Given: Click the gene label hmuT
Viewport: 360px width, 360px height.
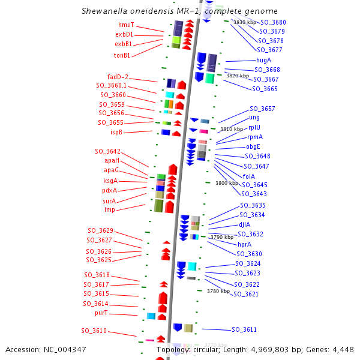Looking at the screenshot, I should tap(126, 25).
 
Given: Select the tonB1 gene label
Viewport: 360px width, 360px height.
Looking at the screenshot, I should tap(122, 55).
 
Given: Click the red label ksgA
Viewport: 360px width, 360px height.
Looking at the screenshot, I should tap(110, 181).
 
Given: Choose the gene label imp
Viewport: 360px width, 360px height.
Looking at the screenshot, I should tap(110, 209).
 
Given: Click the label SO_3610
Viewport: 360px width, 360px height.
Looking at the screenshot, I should tap(94, 331).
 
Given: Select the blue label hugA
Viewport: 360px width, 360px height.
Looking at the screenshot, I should tap(263, 61).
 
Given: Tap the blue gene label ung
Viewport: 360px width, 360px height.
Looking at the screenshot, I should tap(254, 118).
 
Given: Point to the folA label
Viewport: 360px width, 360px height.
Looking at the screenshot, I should tap(249, 176).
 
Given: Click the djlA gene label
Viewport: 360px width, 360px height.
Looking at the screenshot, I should tap(244, 224).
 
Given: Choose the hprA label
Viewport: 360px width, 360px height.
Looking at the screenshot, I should tap(244, 244).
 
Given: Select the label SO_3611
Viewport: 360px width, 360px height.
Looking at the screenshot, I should tap(244, 329).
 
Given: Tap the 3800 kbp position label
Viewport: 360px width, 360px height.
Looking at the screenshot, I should tap(226, 183).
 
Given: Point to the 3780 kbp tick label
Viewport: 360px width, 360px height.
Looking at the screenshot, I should tap(218, 291).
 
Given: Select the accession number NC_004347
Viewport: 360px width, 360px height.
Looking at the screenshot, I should tap(64, 350).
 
